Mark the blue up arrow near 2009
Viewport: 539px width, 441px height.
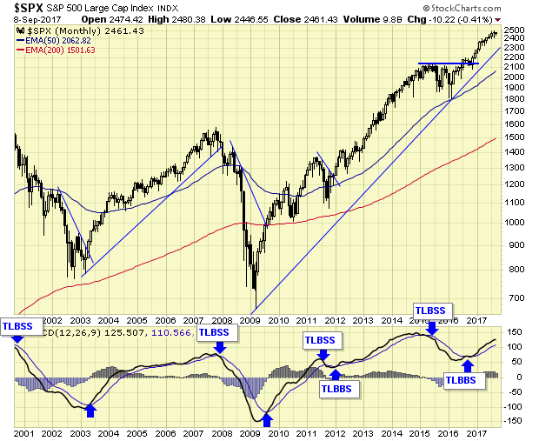269,421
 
